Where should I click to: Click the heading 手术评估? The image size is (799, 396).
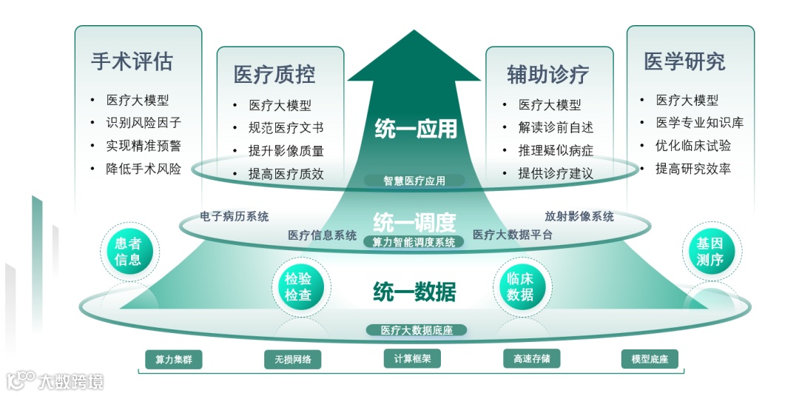[x=132, y=61]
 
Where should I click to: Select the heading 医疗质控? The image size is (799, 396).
[x=274, y=74]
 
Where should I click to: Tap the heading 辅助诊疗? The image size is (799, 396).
[x=547, y=74]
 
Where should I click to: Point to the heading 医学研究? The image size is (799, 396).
[x=684, y=61]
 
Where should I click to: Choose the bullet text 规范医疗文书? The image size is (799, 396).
[x=286, y=128]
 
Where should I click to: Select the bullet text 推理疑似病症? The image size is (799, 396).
[x=556, y=151]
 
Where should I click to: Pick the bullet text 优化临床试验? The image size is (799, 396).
[x=693, y=146]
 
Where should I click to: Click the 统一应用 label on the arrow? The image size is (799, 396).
[x=416, y=129]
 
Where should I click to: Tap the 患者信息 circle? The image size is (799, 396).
[x=128, y=251]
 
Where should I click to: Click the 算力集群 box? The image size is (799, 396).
[x=174, y=360]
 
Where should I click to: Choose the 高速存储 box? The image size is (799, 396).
[x=531, y=359]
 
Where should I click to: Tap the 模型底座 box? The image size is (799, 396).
[x=650, y=359]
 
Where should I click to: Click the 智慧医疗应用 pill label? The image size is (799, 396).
[x=414, y=181]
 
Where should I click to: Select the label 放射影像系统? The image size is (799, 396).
[x=579, y=217]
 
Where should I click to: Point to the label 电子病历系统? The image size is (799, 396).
[x=235, y=217]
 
